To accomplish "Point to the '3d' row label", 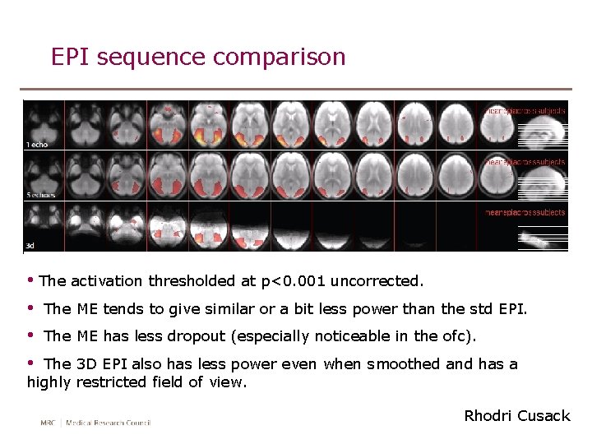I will click(30, 245).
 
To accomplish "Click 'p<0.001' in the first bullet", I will click(291, 281).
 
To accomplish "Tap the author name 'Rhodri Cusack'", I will click(516, 416).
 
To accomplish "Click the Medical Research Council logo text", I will click(95, 423).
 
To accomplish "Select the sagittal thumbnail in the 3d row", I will click(543, 239).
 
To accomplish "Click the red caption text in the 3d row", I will click(525, 212).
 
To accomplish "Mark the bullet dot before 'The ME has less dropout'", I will click(30, 335).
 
